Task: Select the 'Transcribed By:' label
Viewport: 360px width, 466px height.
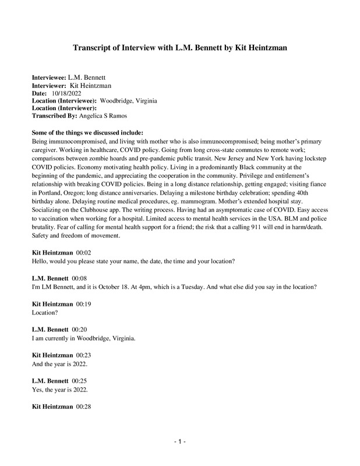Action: click(58, 115)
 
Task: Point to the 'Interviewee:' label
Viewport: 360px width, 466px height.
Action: click(49, 78)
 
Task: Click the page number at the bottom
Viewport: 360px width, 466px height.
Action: click(180, 442)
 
